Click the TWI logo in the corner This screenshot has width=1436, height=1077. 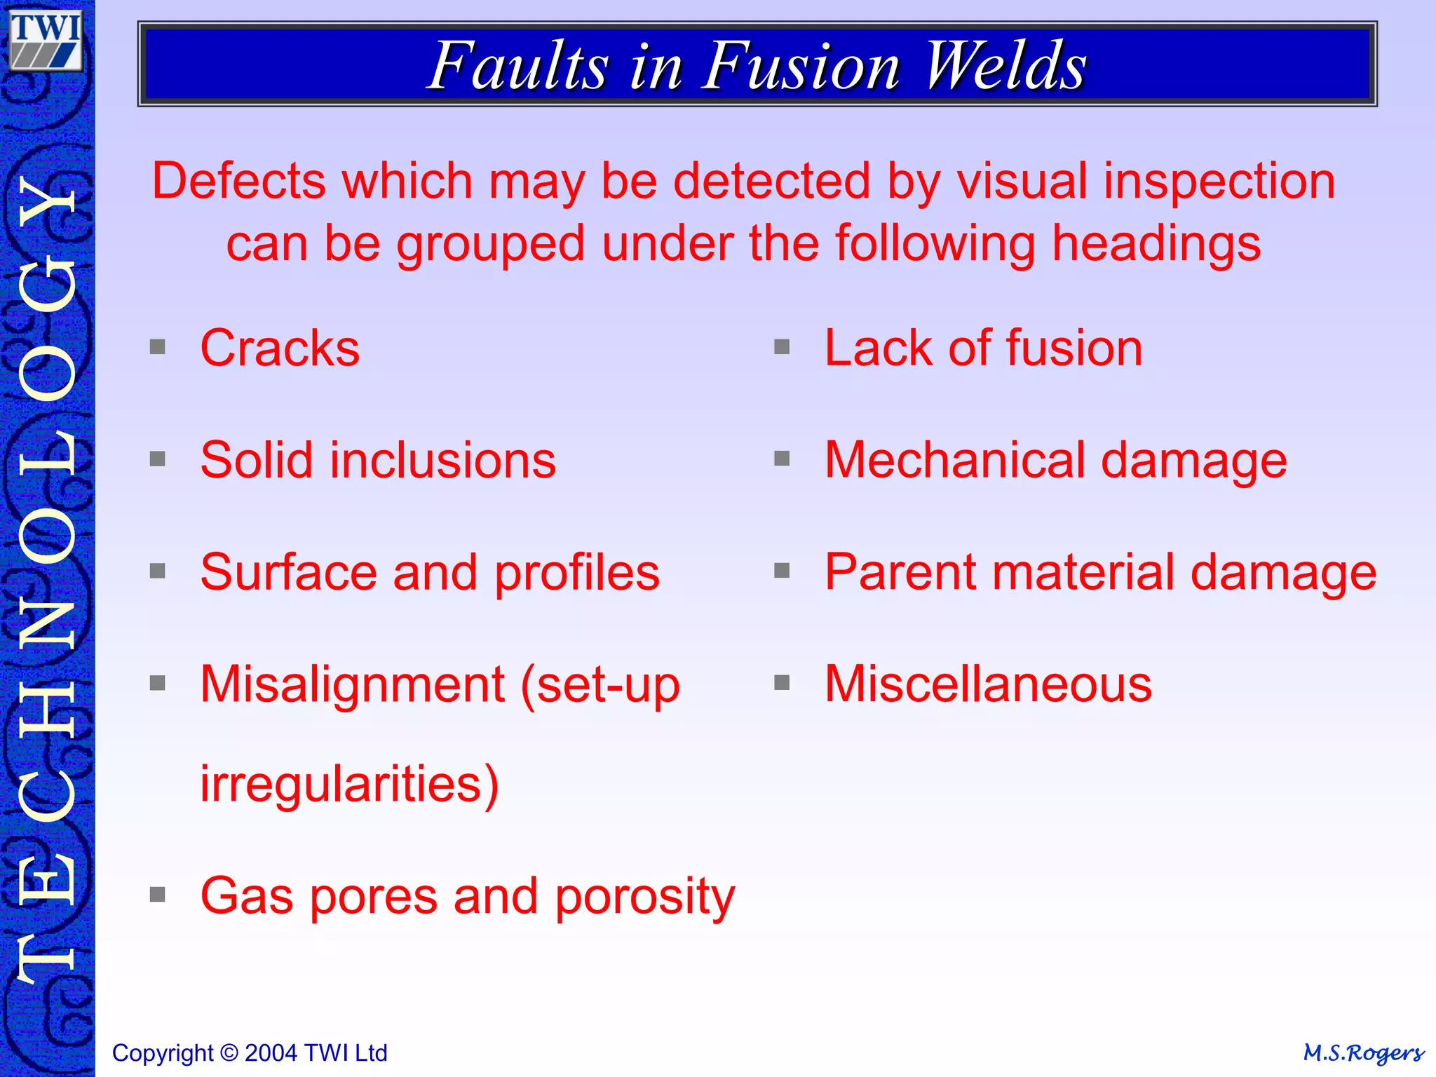46,41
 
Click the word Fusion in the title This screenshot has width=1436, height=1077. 801,66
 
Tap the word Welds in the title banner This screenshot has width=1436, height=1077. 1005,66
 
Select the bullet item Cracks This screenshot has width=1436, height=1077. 280,348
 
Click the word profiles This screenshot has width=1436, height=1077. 577,573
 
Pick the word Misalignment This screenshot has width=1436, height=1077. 352,684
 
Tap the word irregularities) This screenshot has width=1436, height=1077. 349,783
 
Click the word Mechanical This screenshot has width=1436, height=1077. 954,460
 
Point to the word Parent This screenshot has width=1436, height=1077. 900,572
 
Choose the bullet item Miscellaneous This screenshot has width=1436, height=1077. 988,684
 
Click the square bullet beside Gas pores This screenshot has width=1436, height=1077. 158,895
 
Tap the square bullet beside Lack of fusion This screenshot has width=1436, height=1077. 782,347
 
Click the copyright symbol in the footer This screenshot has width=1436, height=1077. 229,1053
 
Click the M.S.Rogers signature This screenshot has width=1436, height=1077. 1362,1053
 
